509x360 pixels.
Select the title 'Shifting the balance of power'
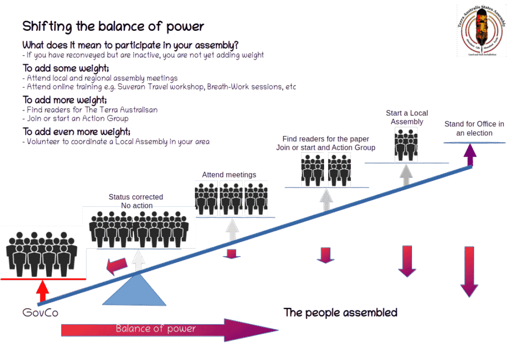[113, 26]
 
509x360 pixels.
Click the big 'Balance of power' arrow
[169, 330]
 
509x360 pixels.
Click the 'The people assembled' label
[340, 313]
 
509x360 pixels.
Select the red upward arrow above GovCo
[43, 290]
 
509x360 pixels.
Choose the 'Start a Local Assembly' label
[407, 117]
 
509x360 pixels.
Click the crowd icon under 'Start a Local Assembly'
[407, 144]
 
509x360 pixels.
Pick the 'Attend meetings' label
[230, 175]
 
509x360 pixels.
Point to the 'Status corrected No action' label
[137, 201]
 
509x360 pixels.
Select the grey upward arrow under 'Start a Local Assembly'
[407, 175]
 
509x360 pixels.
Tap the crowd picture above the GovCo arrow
[43, 253]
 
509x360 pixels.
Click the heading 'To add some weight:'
[67, 68]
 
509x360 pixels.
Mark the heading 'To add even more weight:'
[77, 132]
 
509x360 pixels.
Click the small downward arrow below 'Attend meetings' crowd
[231, 254]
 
